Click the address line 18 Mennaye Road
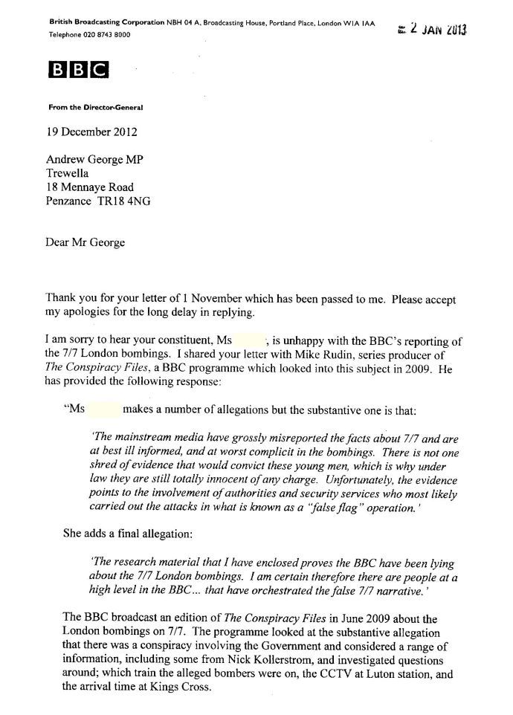[x=91, y=187]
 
